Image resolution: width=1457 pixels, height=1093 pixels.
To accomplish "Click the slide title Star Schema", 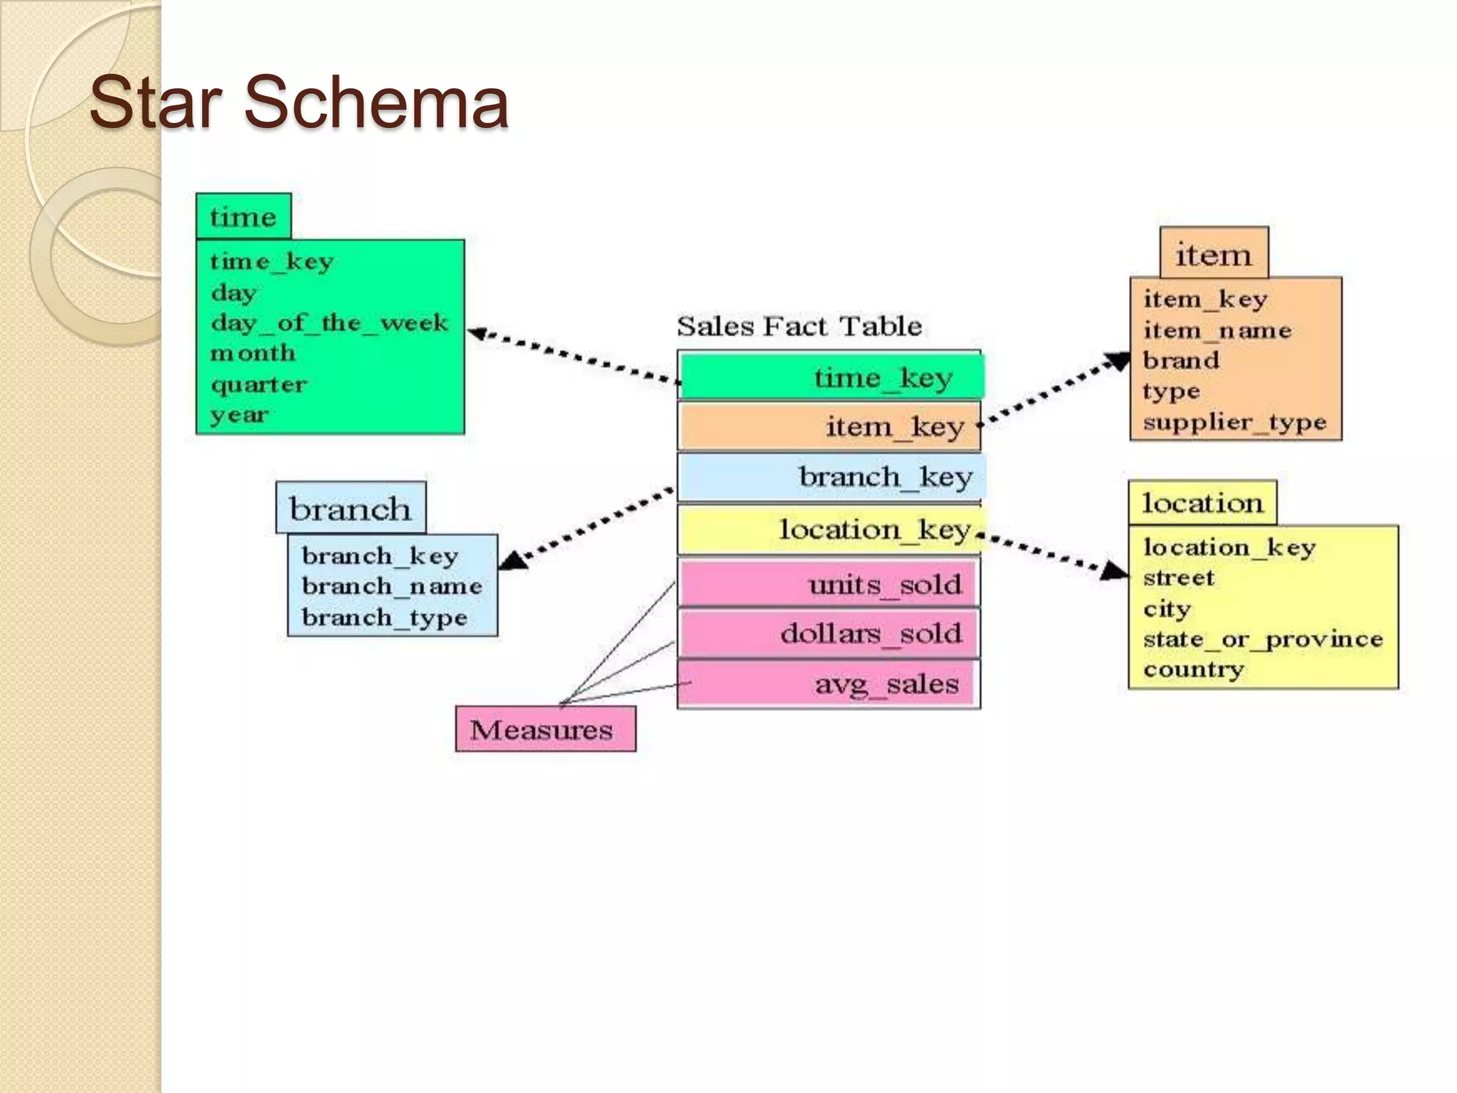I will [x=299, y=103].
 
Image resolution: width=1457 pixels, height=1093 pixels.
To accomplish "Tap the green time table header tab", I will [x=243, y=216].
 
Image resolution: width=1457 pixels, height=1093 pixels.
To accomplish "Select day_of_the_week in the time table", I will [x=329, y=323].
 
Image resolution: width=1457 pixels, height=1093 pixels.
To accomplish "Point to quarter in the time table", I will [x=259, y=384].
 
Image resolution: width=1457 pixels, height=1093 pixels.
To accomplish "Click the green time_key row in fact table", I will [x=830, y=376].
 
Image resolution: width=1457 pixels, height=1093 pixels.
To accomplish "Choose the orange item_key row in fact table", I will [x=829, y=426].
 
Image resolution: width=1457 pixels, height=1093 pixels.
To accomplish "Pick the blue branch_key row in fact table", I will [x=830, y=477].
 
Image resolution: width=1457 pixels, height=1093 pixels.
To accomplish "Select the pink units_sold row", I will [x=829, y=584].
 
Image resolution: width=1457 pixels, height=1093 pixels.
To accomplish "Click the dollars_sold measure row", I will [x=829, y=633].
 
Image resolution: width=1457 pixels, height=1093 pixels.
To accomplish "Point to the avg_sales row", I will [x=829, y=684].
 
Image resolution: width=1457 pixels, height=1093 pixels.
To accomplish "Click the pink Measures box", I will [x=546, y=729].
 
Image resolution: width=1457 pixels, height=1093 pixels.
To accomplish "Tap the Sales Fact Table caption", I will [x=799, y=326].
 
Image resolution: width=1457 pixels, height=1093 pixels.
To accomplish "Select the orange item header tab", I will [x=1214, y=253].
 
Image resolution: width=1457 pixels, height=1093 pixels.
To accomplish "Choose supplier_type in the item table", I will [x=1235, y=422].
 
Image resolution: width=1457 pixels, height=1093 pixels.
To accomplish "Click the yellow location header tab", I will [x=1202, y=503].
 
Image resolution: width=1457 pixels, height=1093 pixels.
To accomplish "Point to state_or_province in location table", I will [x=1263, y=639].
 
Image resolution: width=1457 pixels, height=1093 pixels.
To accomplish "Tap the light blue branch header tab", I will [x=351, y=508].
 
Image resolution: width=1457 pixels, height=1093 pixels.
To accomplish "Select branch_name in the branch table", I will [x=392, y=586].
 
